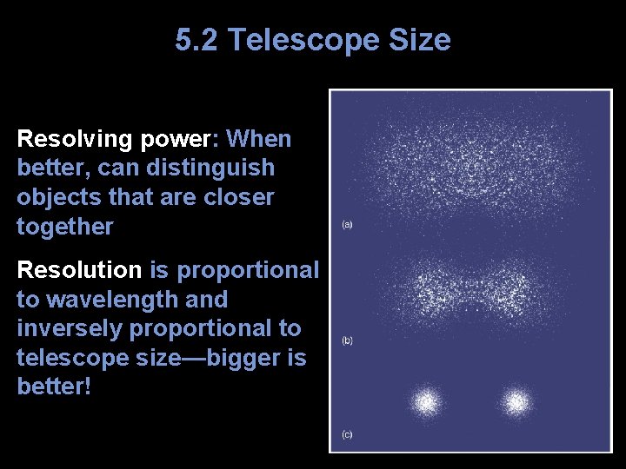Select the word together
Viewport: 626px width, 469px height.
point(65,227)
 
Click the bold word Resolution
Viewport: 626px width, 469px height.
point(79,270)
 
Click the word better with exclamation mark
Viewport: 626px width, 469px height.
point(53,386)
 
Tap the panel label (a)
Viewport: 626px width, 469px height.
point(347,225)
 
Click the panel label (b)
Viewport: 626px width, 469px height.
point(347,340)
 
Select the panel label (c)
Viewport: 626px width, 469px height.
point(347,433)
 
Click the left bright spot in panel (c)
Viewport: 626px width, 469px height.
point(426,402)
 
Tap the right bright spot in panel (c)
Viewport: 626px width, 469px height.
point(516,402)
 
